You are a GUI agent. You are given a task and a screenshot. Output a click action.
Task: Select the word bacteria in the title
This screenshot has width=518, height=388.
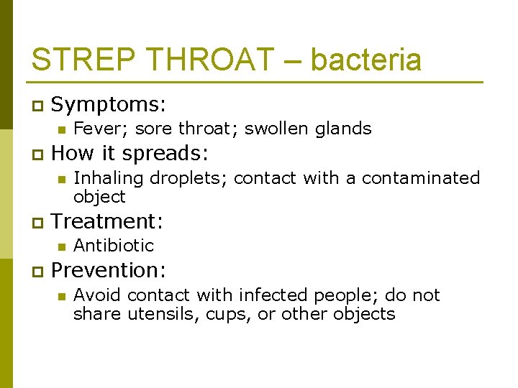tap(365, 60)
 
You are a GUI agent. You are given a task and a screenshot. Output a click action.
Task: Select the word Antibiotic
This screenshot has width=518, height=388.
tap(114, 245)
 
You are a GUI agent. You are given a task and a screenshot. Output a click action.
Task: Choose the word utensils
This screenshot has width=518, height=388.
tap(158, 314)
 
